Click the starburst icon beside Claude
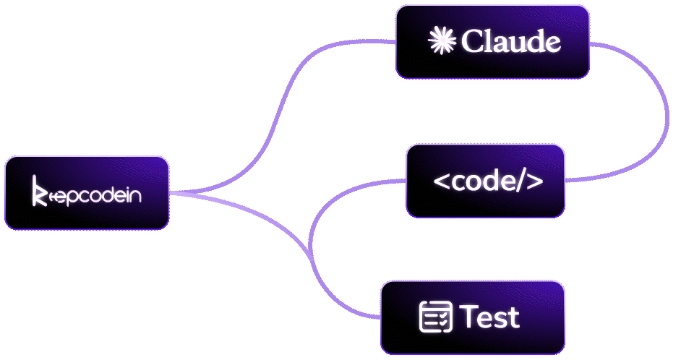pos(442,41)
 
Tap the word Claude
pos(510,42)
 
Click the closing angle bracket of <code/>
pos(534,182)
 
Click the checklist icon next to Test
pos(436,317)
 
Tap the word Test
pos(489,317)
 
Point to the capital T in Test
pos(468,317)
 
